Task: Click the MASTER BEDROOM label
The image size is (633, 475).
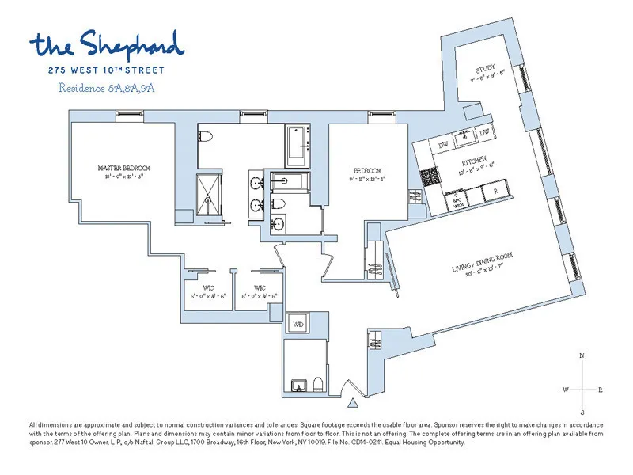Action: (123, 168)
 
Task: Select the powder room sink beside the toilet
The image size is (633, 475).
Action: (298, 386)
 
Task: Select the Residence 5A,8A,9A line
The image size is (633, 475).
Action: (106, 88)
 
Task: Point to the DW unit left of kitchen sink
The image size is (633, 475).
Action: (443, 144)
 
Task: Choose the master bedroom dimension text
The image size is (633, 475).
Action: (123, 177)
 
